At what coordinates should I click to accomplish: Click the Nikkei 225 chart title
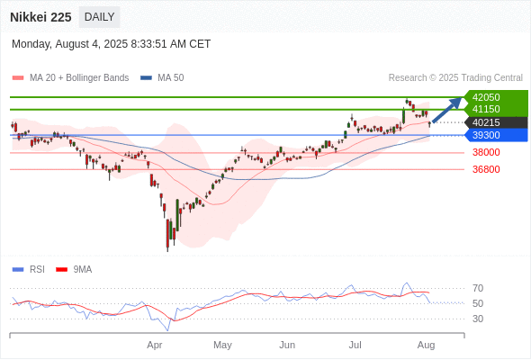[40, 17]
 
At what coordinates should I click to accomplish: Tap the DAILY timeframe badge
[99, 17]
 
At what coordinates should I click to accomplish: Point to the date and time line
[111, 44]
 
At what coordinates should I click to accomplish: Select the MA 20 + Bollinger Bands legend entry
[70, 78]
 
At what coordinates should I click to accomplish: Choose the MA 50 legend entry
[162, 78]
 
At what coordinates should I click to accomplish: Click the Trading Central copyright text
[455, 78]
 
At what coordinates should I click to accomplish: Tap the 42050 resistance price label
[486, 97]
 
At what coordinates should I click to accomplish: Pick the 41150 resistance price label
[486, 109]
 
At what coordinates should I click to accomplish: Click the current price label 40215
[486, 122]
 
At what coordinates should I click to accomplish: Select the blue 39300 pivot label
[486, 135]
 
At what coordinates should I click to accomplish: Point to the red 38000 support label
[486, 152]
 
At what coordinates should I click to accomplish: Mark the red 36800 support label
[486, 169]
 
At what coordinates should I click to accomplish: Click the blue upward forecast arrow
[447, 110]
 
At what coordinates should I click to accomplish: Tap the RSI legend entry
[29, 270]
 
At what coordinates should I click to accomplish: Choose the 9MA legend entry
[74, 270]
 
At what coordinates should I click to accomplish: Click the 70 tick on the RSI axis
[478, 289]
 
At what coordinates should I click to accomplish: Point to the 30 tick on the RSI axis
[478, 319]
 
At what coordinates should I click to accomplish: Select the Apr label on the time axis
[155, 345]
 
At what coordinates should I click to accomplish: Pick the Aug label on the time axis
[426, 345]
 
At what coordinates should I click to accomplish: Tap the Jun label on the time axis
[287, 345]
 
